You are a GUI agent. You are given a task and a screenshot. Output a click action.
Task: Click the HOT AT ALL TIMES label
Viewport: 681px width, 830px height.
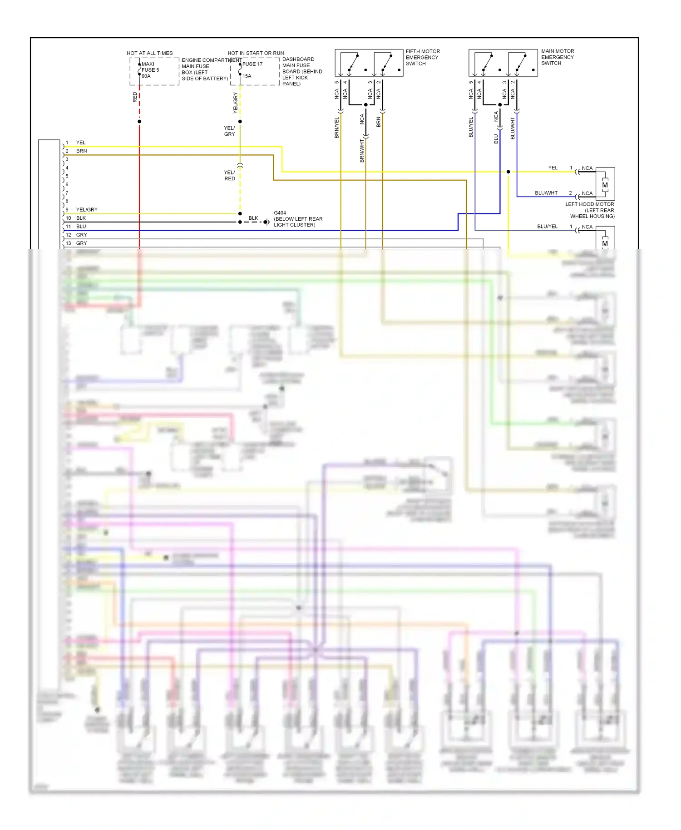coord(149,53)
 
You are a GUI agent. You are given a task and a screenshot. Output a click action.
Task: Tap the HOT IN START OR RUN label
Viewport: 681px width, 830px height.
coord(256,53)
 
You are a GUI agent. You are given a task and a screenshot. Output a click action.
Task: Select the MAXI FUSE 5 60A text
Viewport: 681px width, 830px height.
coord(150,70)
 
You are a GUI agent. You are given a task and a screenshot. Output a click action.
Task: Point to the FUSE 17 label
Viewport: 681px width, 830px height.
coord(252,64)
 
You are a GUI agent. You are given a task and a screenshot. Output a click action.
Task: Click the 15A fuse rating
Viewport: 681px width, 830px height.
coord(247,76)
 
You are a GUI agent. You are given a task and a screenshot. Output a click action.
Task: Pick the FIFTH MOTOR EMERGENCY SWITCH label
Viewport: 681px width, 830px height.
coord(422,57)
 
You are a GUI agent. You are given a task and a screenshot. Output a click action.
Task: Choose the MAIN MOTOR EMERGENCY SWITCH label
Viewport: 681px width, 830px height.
coord(557,57)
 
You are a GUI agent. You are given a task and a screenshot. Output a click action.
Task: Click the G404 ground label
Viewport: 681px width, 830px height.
coord(280,212)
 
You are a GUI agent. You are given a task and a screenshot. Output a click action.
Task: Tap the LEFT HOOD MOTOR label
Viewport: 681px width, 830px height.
coord(589,204)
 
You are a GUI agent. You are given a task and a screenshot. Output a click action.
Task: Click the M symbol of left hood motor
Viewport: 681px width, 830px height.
coord(605,185)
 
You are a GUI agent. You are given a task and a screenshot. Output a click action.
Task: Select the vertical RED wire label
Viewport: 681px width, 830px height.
coord(135,97)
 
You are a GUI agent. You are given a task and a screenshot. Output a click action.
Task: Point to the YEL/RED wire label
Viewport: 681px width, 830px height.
coord(230,176)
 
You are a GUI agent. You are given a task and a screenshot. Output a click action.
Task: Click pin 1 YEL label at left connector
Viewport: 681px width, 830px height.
coord(81,143)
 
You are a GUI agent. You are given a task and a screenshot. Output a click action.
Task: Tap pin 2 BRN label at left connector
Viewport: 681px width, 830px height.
coord(81,151)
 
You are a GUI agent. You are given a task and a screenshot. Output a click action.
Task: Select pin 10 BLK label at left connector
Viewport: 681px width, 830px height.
coord(81,218)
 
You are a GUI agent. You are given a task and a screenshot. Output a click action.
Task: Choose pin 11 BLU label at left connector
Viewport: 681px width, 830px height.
coord(81,226)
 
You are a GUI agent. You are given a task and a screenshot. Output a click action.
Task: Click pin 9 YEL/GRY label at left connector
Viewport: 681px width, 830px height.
coord(87,210)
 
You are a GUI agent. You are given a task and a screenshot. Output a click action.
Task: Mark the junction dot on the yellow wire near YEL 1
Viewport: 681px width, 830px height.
coord(508,172)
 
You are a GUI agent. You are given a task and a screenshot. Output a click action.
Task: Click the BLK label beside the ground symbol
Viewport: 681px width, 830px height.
coord(253,218)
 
